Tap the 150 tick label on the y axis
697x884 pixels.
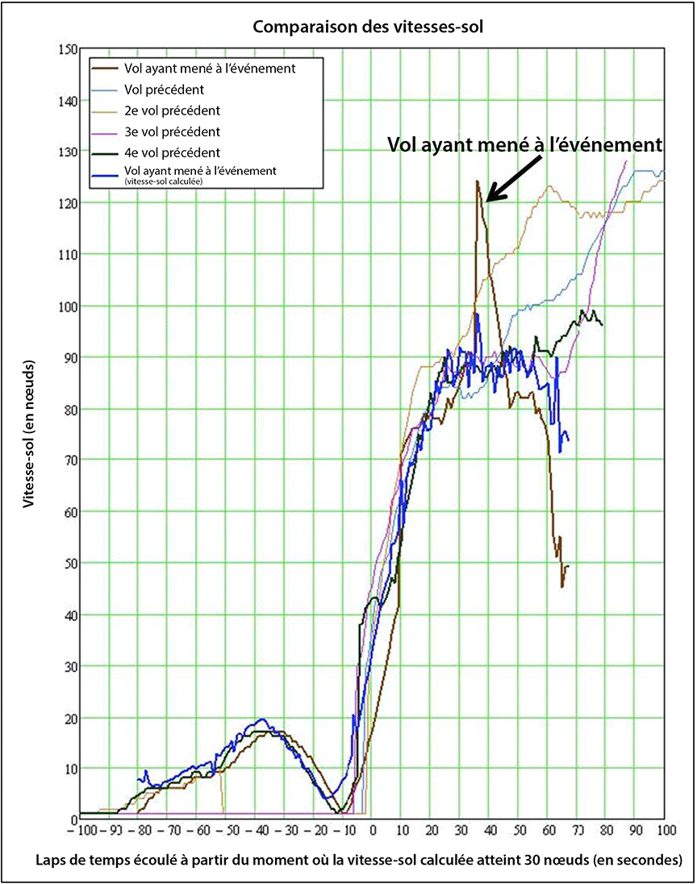[x=65, y=50]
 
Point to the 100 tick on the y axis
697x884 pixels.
[x=65, y=306]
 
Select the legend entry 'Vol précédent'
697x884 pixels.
[x=164, y=89]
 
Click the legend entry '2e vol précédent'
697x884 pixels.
[x=172, y=110]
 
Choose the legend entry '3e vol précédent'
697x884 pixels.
[x=172, y=131]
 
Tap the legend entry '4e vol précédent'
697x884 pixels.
[x=172, y=152]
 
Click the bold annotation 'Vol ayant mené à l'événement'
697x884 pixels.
[x=525, y=145]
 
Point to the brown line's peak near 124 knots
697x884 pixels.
[x=477, y=181]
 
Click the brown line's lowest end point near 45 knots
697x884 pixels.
[x=562, y=586]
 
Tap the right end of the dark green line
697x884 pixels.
[x=602, y=324]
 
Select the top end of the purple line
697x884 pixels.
[x=626, y=161]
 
